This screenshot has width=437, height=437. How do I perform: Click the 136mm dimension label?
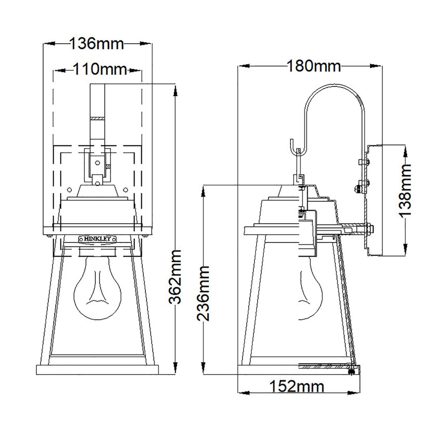click(x=97, y=44)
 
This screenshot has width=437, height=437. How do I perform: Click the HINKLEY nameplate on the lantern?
click(x=98, y=239)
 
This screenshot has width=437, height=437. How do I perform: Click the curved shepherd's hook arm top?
click(x=334, y=86)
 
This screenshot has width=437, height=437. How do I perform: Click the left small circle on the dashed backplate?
click(x=70, y=189)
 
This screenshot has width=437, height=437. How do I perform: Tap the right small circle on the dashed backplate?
click(x=126, y=189)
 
